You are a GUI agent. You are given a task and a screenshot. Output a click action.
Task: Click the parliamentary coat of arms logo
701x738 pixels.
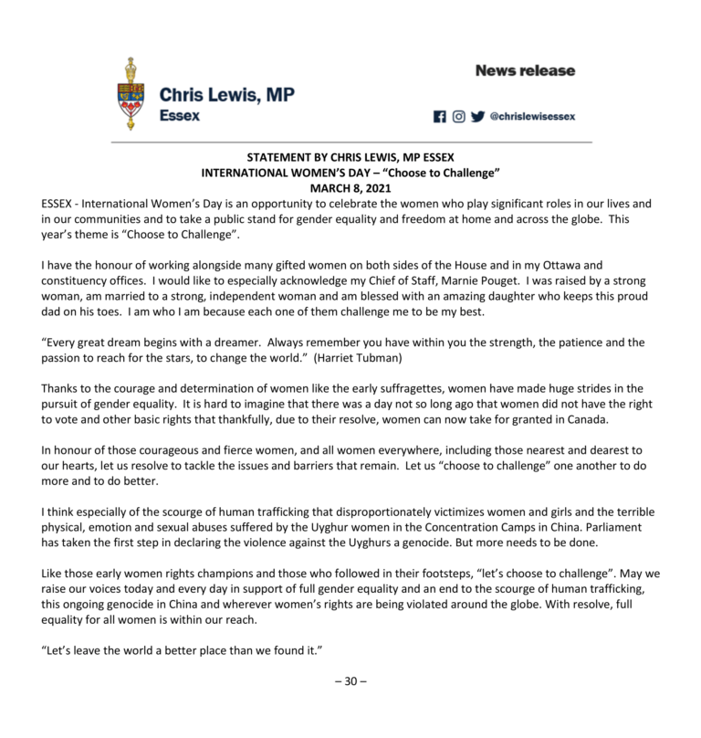coord(131,94)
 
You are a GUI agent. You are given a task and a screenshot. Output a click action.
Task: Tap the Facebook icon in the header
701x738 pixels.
coord(440,117)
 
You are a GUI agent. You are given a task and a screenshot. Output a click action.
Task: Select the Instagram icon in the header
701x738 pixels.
coord(459,117)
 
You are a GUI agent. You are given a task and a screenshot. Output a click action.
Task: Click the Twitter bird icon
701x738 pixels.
coord(478,117)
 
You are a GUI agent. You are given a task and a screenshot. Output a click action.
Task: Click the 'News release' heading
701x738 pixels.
coord(525,70)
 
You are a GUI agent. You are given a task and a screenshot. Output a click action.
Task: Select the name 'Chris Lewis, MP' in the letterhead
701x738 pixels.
coord(226,94)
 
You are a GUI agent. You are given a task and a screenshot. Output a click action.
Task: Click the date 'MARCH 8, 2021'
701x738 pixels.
coord(350,187)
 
